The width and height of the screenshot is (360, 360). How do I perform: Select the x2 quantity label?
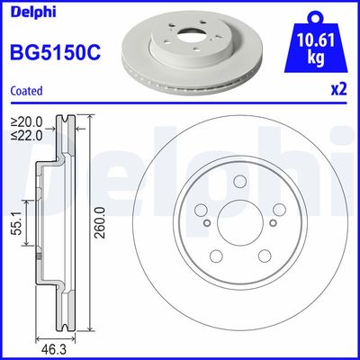coord(339,89)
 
